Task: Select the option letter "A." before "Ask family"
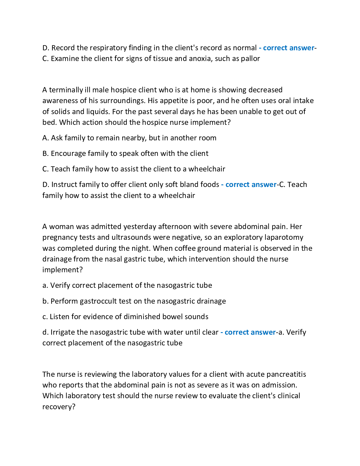point(45,138)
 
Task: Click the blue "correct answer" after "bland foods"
point(251,184)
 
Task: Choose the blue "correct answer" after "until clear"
point(250,332)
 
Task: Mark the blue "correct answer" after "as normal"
point(288,48)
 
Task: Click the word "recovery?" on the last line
point(59,407)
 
